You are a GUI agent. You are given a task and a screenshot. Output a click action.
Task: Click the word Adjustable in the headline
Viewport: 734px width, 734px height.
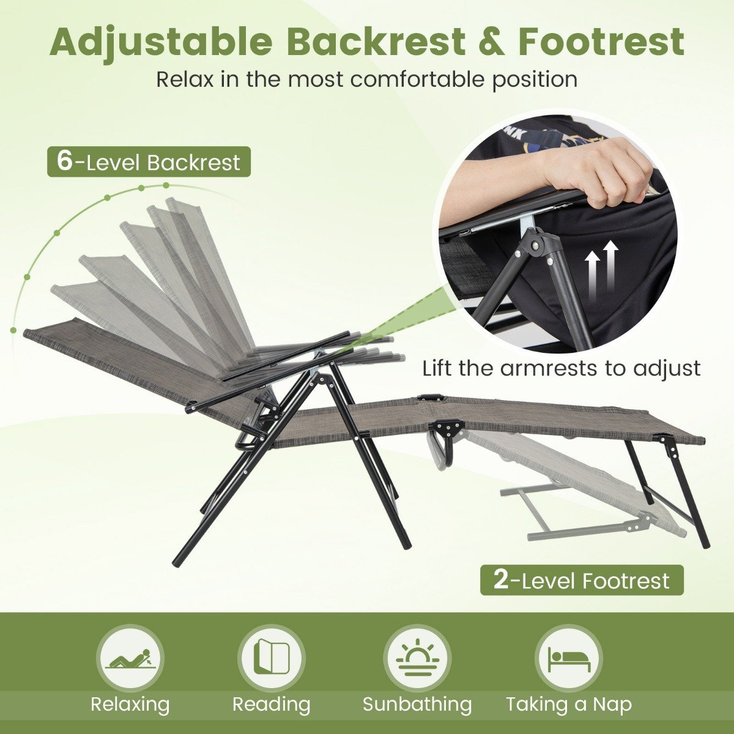click(160, 42)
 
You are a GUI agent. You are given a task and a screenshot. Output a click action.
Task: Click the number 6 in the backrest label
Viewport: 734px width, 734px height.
click(64, 161)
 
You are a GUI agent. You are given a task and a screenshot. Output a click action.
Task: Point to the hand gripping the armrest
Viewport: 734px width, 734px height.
click(594, 172)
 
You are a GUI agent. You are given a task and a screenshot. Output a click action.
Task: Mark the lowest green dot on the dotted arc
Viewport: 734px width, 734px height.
click(13, 330)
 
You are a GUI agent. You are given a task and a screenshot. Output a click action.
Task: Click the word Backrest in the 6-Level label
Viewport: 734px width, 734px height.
click(193, 162)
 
